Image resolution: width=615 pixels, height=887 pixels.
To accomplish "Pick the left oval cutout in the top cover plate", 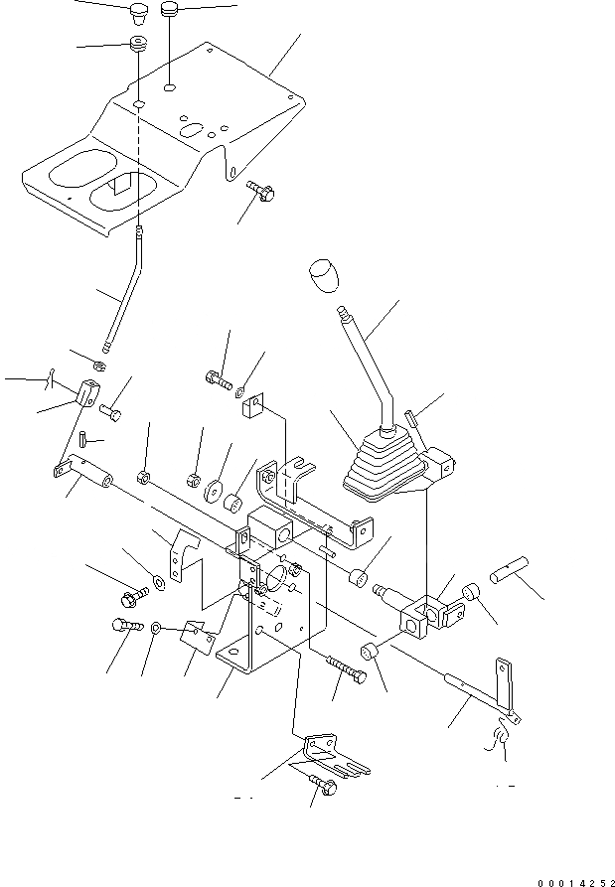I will (71, 170).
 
